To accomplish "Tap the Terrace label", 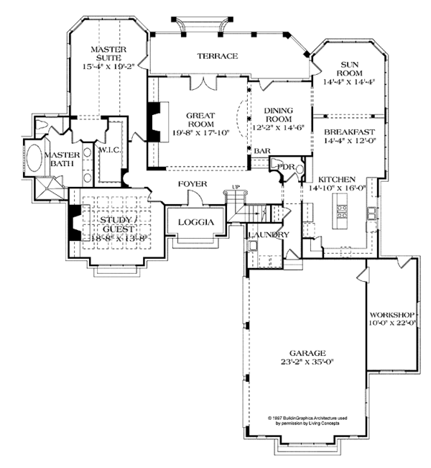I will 218,56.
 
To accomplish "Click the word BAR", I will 262,150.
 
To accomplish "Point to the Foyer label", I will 193,185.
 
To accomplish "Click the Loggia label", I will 195,222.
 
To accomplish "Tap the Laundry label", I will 268,235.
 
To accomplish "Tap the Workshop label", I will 392,316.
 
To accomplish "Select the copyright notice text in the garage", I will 307,421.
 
